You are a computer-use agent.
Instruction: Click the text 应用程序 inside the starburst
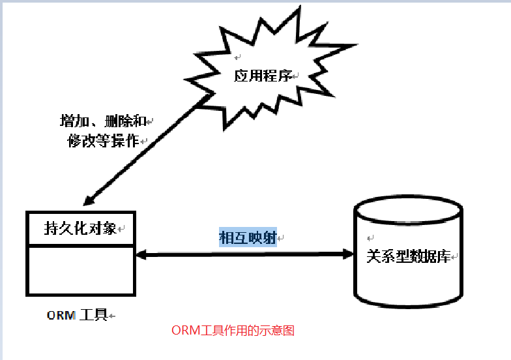(262, 76)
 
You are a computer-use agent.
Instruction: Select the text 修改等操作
(103, 140)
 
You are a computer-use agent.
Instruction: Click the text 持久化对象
(80, 228)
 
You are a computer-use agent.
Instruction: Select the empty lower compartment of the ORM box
(80, 269)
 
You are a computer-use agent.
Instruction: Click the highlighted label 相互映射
(248, 237)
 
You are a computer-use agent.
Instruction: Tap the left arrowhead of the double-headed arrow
(141, 253)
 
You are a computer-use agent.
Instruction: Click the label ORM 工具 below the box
(77, 315)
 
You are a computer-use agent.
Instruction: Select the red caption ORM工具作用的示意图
(233, 331)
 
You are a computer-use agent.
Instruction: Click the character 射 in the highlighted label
(270, 237)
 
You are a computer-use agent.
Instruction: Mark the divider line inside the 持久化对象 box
(80, 245)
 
